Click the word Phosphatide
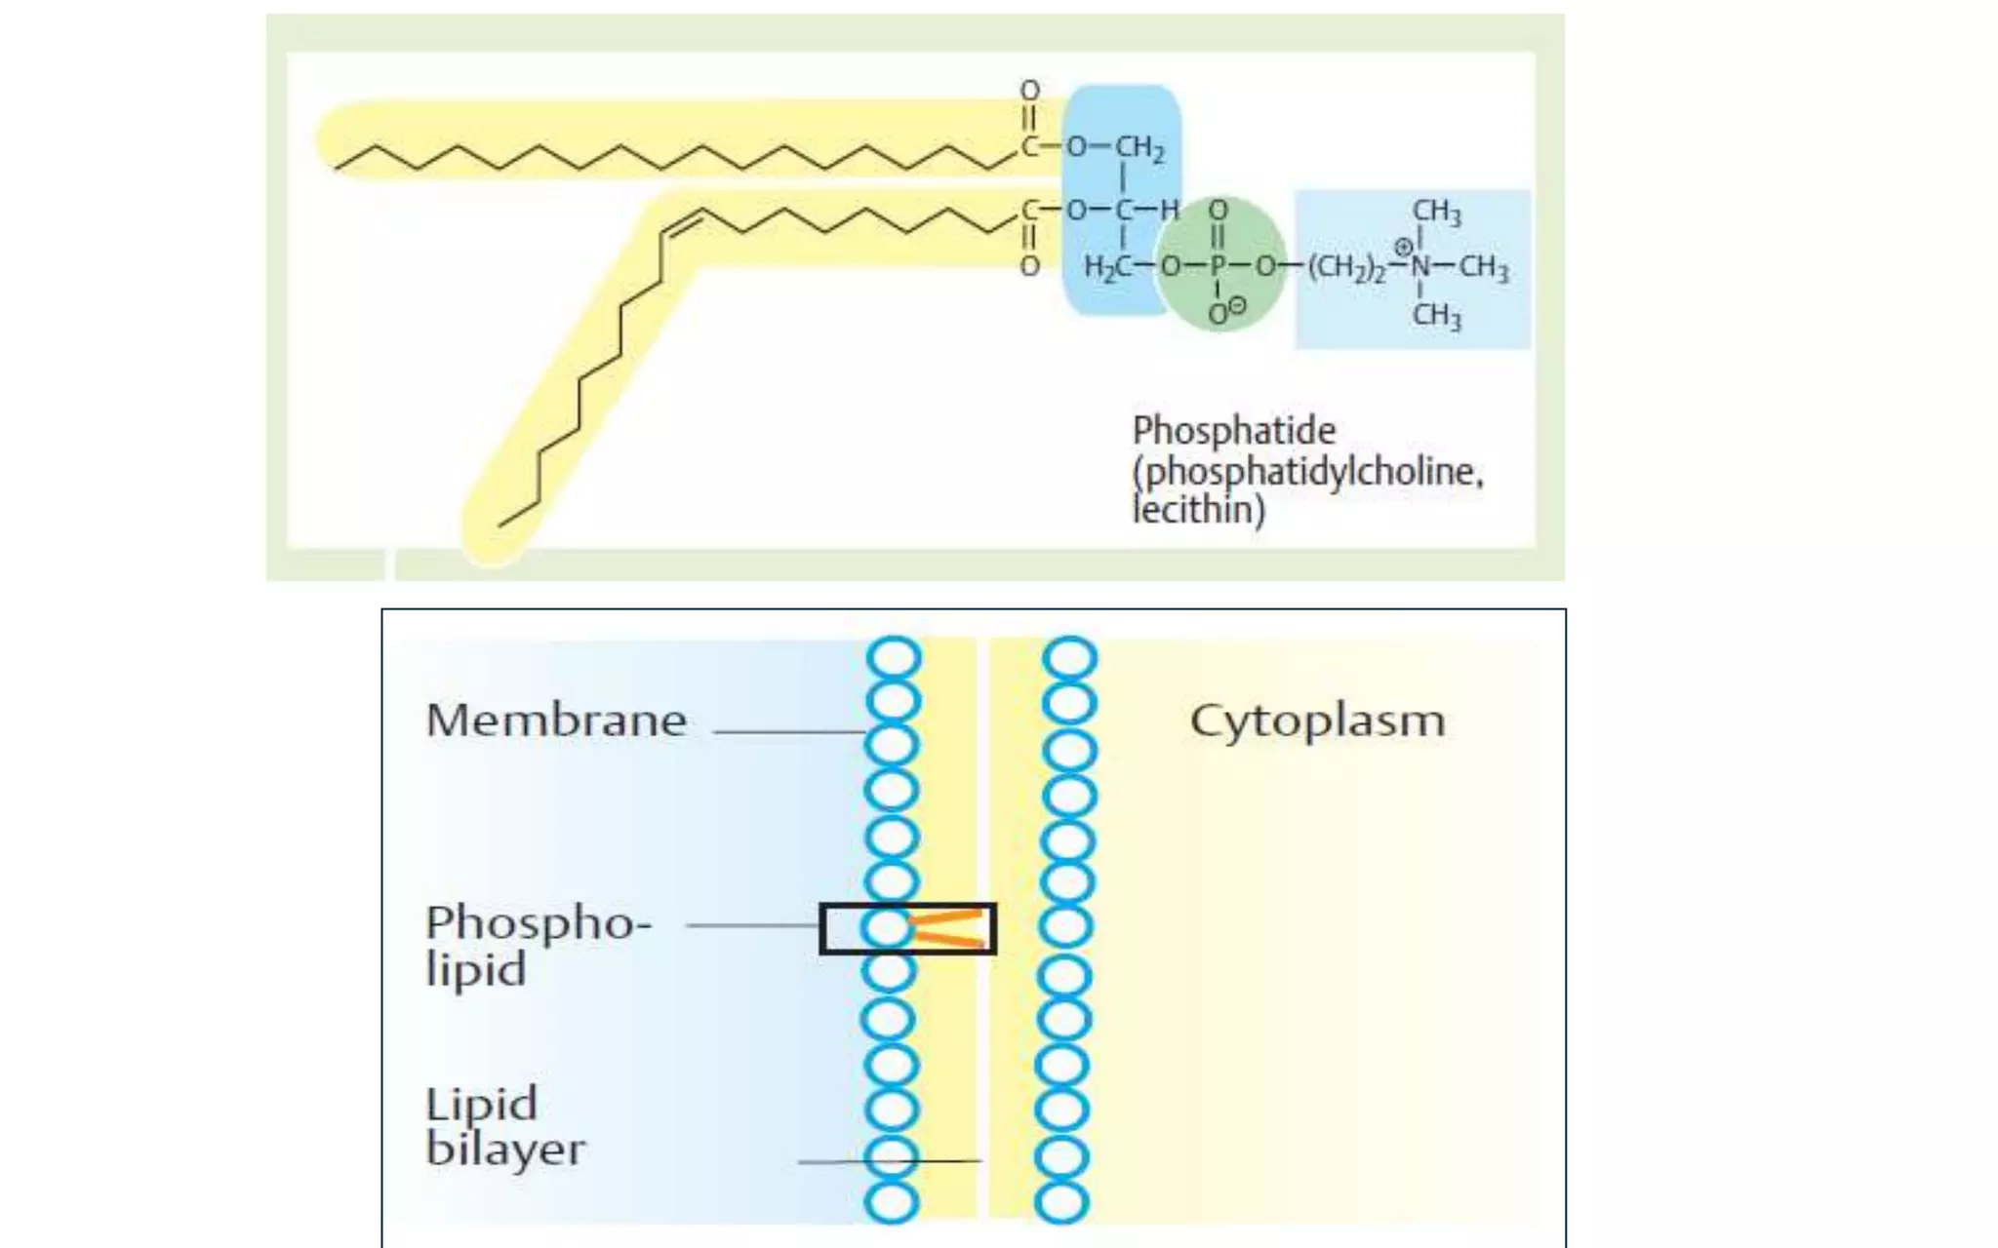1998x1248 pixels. click(1233, 431)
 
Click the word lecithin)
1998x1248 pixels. click(1198, 510)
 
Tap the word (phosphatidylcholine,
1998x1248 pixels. click(1307, 472)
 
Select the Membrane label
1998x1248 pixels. click(556, 721)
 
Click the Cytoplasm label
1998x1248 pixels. click(1317, 721)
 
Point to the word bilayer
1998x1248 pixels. click(505, 1150)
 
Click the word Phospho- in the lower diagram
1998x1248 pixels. click(539, 922)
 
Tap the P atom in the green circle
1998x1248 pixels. click(1217, 266)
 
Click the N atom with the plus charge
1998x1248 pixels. click(1419, 266)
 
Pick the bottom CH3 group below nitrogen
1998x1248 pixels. click(1436, 316)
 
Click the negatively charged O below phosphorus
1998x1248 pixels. click(1219, 314)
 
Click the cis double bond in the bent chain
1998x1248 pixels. click(682, 225)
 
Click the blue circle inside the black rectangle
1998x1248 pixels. click(887, 927)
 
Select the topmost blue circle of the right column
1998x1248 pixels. click(1070, 657)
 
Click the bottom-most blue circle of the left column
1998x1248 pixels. click(892, 1202)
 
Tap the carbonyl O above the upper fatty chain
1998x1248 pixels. click(1029, 91)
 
